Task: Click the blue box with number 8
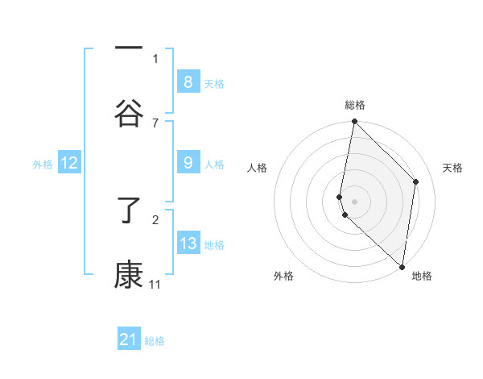(188, 81)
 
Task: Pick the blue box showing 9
(188, 163)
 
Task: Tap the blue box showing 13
(188, 244)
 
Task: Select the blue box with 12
(68, 163)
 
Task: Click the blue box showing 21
(129, 339)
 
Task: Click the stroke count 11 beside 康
(155, 285)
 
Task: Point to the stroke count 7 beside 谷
(155, 123)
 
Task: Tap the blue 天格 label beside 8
(214, 84)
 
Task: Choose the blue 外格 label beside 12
(43, 165)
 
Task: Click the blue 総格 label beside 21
(155, 341)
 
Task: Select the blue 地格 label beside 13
(214, 245)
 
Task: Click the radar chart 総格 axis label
(355, 105)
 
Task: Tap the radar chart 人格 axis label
(258, 168)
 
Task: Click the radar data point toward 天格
(416, 181)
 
